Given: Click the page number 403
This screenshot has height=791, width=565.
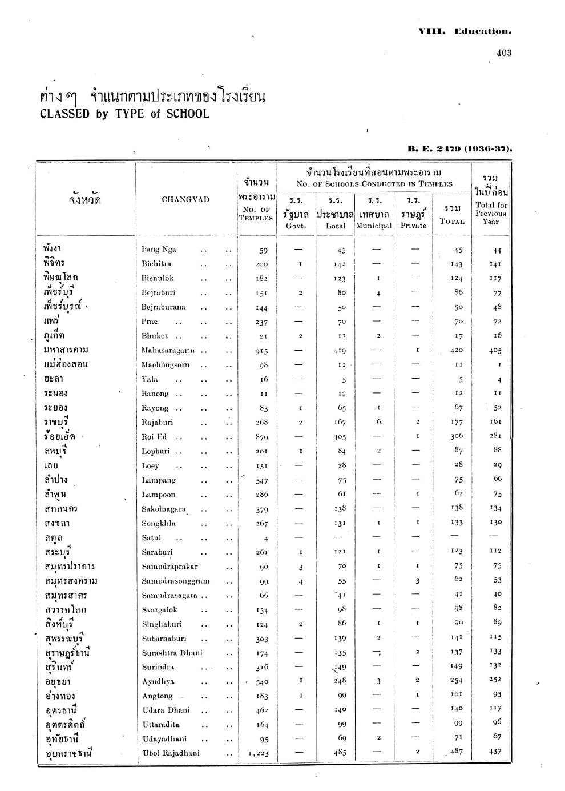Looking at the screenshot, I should click(x=504, y=53).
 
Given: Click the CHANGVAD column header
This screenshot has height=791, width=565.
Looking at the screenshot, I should click(x=185, y=199).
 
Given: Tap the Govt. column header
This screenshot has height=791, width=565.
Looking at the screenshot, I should click(x=296, y=226).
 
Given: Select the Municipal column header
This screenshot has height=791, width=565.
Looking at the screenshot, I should click(x=374, y=226).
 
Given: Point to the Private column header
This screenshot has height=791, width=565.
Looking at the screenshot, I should click(x=413, y=226).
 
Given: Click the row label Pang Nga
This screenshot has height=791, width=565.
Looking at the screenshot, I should click(x=159, y=250).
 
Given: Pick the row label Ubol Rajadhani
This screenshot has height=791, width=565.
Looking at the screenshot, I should click(x=171, y=753).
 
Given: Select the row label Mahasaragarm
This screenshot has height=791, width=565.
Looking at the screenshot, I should click(x=168, y=350).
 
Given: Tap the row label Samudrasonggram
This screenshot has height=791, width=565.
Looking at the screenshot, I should click(x=175, y=581).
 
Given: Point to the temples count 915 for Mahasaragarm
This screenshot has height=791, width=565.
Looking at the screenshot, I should click(x=262, y=351).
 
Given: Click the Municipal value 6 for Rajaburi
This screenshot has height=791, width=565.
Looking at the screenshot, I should click(x=378, y=422).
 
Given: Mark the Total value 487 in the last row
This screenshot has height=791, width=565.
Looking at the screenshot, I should click(x=456, y=752).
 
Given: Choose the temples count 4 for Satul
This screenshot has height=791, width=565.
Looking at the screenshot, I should click(x=266, y=538).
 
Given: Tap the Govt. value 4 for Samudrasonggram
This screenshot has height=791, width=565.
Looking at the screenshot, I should click(x=300, y=581).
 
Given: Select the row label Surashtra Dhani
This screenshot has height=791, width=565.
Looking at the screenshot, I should click(x=172, y=653).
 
